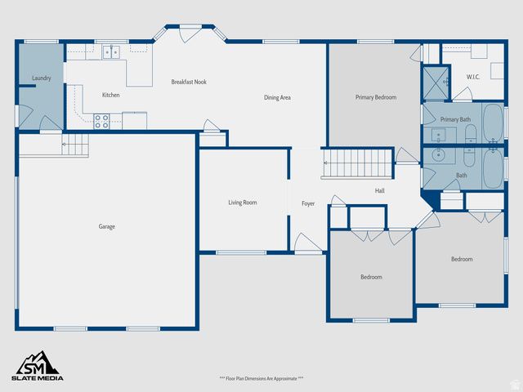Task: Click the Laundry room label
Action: coord(42,78)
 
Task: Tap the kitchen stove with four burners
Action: coord(102,121)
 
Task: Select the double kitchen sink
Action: coord(111,53)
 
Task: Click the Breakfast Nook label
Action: coord(188,82)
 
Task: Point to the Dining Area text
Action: coord(277,98)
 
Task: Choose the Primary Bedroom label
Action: coord(375,97)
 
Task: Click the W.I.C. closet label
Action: coord(472,78)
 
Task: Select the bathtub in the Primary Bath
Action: coord(493,122)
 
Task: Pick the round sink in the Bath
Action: coord(439,153)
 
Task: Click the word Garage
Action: coord(106,226)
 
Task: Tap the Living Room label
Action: coord(242,203)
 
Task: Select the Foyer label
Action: coord(307,203)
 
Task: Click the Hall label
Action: coord(380,190)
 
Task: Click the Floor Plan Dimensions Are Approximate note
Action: coord(261,378)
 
